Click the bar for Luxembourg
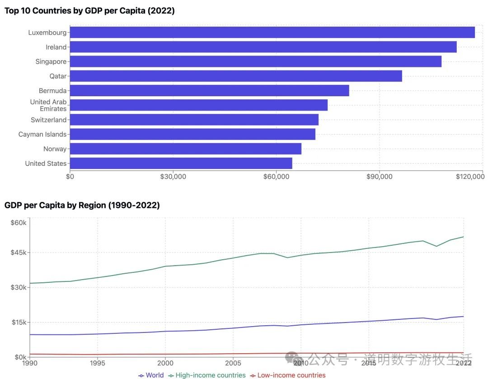(272, 33)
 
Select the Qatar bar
(235, 76)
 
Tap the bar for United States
(181, 163)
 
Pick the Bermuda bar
(209, 90)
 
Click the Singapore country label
(51, 61)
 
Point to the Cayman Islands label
(42, 134)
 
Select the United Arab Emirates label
(48, 105)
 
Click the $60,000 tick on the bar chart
(276, 177)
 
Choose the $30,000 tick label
(173, 177)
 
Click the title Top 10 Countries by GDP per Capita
(89, 11)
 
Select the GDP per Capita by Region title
(82, 205)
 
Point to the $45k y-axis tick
(19, 252)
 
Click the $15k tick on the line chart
(19, 322)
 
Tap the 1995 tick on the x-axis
(97, 363)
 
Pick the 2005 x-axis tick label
(233, 363)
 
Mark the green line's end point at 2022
(464, 237)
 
